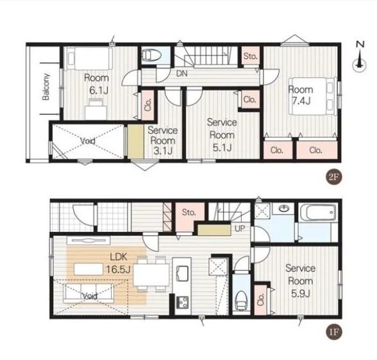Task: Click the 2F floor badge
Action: (333, 177)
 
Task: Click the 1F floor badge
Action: (333, 332)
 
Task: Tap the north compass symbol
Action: (360, 57)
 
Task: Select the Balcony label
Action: (46, 86)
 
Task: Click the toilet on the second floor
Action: (151, 55)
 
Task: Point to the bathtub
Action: (318, 212)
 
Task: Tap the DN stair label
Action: (182, 74)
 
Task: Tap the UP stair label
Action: (240, 229)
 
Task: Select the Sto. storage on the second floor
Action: (250, 56)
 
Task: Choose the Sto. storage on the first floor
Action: (188, 212)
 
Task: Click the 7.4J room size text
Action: (301, 101)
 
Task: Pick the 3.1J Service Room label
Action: (163, 140)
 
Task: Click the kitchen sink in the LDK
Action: (182, 273)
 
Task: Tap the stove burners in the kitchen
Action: (183, 302)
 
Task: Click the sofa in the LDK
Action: (88, 293)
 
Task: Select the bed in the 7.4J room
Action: (312, 96)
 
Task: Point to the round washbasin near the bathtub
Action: (284, 208)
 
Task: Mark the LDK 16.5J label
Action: (119, 263)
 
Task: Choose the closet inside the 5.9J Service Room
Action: (260, 299)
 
